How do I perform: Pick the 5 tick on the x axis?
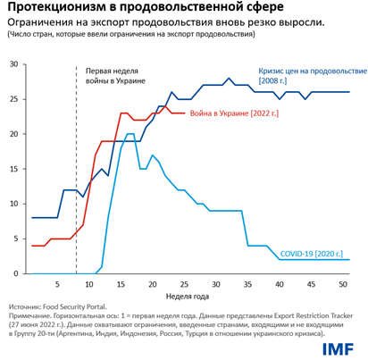pos(58,284)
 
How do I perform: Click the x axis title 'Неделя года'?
pos(188,297)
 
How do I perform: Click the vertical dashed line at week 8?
pos(77,179)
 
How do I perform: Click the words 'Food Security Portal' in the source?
pos(77,306)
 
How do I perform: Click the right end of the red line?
pos(183,113)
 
